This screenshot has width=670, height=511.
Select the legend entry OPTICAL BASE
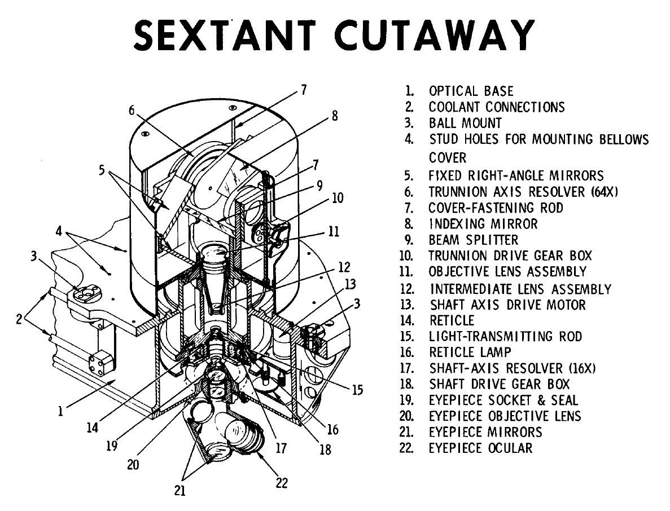click(471, 91)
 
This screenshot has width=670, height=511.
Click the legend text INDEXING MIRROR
click(483, 224)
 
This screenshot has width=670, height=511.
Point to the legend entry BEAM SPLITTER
click(473, 240)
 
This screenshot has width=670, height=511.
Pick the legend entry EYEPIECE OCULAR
click(480, 448)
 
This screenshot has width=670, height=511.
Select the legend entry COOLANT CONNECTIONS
click(496, 107)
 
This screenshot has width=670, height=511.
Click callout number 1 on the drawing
click(60, 411)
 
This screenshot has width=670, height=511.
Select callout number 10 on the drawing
click(337, 197)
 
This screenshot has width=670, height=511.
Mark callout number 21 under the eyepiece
click(179, 491)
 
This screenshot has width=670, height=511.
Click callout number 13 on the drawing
click(350, 284)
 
